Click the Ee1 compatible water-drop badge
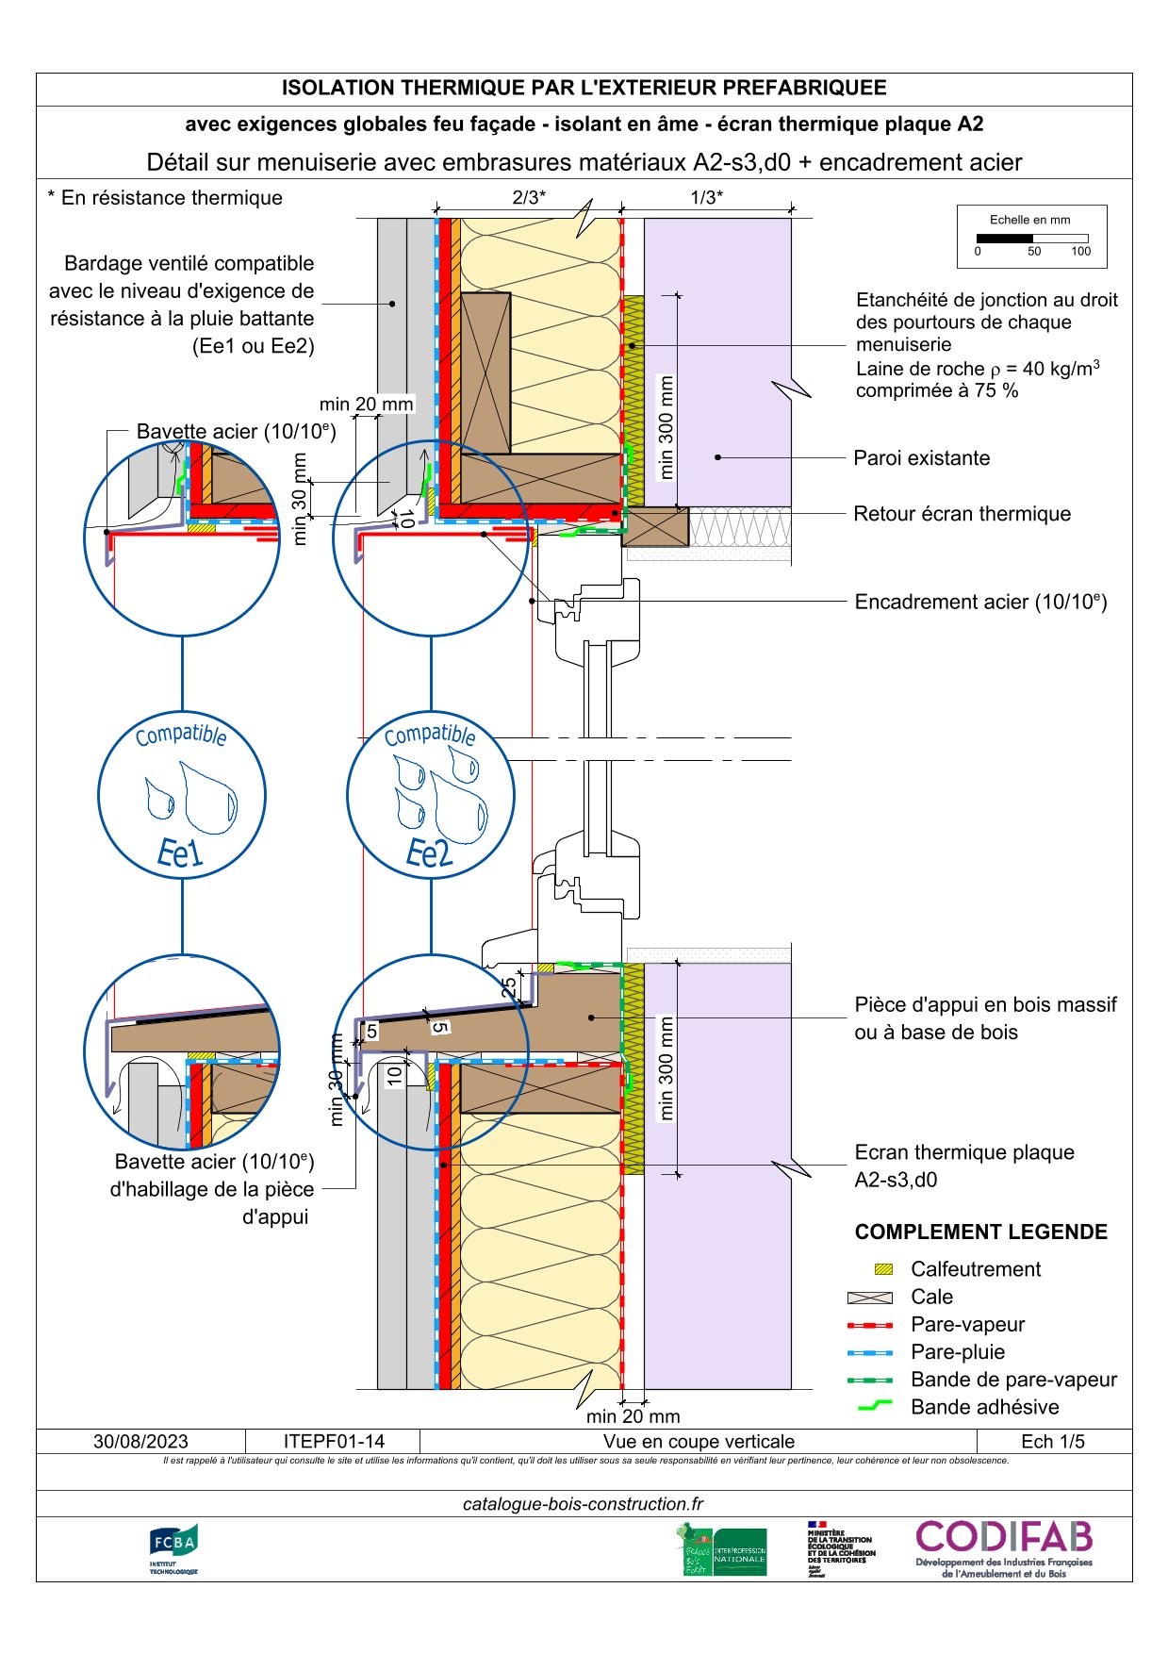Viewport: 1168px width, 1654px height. click(x=182, y=795)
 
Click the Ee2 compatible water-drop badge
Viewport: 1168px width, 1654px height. click(x=431, y=795)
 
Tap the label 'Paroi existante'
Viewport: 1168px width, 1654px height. click(x=921, y=458)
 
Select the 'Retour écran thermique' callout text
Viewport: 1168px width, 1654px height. click(x=962, y=514)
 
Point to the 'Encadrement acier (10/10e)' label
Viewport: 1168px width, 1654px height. click(x=979, y=603)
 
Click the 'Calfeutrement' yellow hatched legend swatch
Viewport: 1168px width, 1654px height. click(x=883, y=1269)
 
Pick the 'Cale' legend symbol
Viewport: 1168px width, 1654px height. click(x=869, y=1298)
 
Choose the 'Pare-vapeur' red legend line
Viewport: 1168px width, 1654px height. click(x=869, y=1325)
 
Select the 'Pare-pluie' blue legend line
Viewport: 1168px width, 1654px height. click(x=869, y=1352)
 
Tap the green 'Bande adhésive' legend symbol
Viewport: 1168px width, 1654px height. click(x=875, y=1407)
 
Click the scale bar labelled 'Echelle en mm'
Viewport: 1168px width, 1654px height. click(x=1032, y=239)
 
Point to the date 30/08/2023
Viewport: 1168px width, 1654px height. click(x=140, y=1442)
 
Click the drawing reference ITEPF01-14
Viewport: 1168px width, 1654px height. click(x=334, y=1442)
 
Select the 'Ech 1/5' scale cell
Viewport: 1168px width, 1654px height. click(x=1053, y=1442)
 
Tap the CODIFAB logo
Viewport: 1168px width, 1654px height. click(x=1004, y=1548)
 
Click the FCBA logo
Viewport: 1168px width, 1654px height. click(x=173, y=1548)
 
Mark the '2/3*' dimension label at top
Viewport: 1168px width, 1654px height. click(x=529, y=197)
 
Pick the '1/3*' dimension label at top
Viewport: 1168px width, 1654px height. click(x=707, y=197)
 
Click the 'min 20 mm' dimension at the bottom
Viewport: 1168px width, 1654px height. click(x=633, y=1416)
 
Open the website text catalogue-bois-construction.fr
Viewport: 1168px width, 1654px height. click(x=584, y=1504)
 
